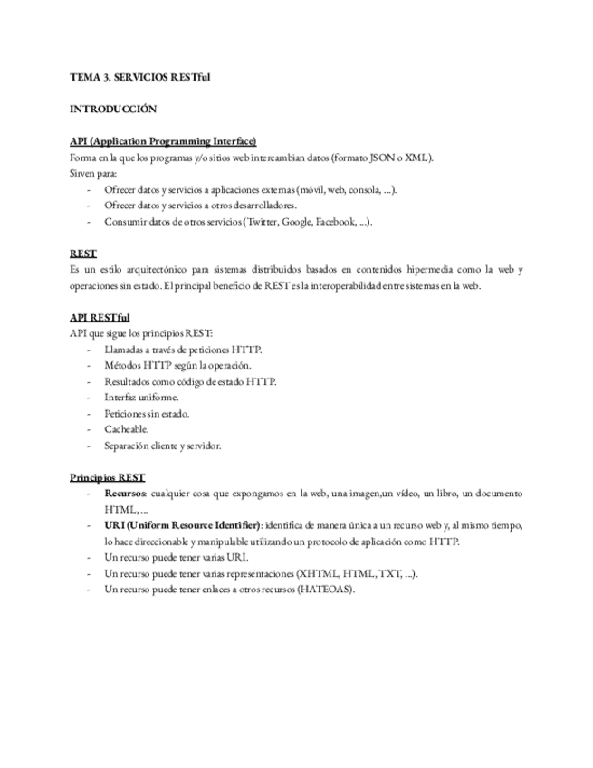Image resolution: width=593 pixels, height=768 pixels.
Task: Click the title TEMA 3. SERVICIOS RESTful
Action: pyautogui.click(x=139, y=77)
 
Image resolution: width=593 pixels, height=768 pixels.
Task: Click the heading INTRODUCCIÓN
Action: pyautogui.click(x=113, y=110)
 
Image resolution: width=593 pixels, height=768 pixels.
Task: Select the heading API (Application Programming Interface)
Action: pyautogui.click(x=163, y=141)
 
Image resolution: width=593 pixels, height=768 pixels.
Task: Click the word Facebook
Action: pyautogui.click(x=336, y=222)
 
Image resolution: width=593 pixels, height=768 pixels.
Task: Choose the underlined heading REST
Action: pyautogui.click(x=83, y=254)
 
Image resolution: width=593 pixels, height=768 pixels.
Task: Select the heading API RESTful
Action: pyautogui.click(x=100, y=318)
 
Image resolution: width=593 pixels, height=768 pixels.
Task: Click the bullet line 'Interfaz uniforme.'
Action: pyautogui.click(x=141, y=398)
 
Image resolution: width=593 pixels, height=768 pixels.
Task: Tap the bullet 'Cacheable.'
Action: pyautogui.click(x=127, y=429)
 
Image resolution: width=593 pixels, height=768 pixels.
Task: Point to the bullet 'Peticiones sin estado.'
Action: pyautogui.click(x=147, y=414)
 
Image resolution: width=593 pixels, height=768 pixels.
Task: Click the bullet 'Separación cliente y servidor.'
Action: pyautogui.click(x=163, y=446)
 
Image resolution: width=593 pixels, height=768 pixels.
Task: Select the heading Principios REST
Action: pyautogui.click(x=107, y=477)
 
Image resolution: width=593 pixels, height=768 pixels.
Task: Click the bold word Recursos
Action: pyautogui.click(x=126, y=494)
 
